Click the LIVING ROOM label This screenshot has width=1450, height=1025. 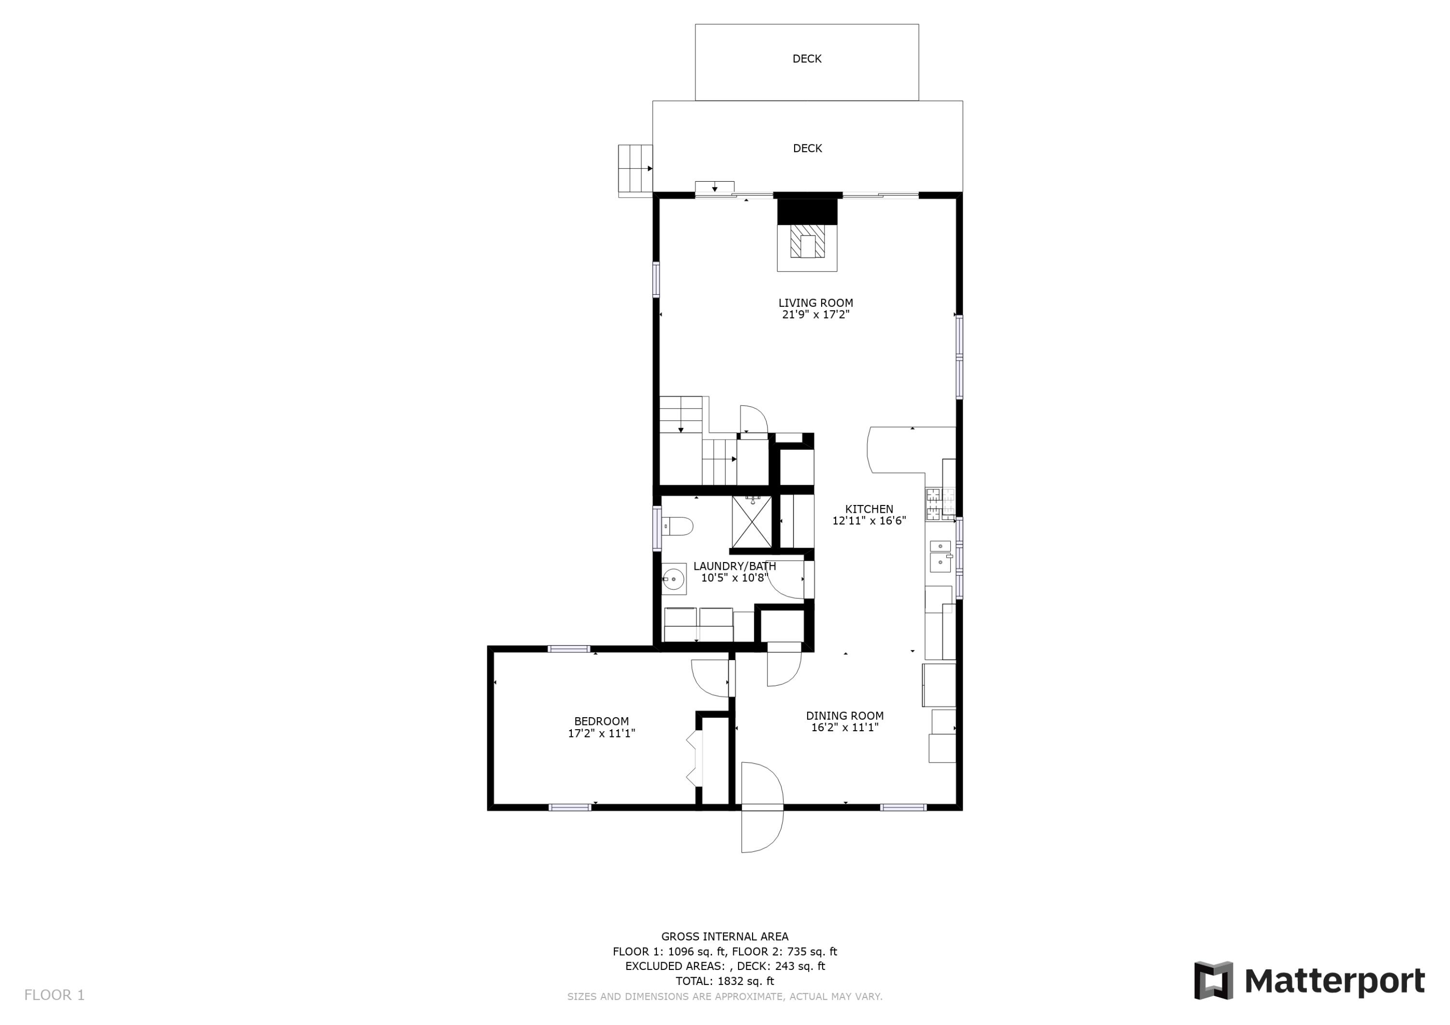[815, 303]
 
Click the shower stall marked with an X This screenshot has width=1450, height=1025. [752, 522]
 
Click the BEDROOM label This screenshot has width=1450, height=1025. [601, 721]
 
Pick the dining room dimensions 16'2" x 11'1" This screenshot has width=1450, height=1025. [844, 727]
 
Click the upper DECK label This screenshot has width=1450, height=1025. [807, 59]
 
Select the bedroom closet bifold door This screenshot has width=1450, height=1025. [695, 759]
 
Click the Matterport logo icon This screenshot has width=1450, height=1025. [1213, 981]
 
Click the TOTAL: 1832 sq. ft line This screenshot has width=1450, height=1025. [725, 981]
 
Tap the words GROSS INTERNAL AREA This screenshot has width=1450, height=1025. [725, 937]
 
